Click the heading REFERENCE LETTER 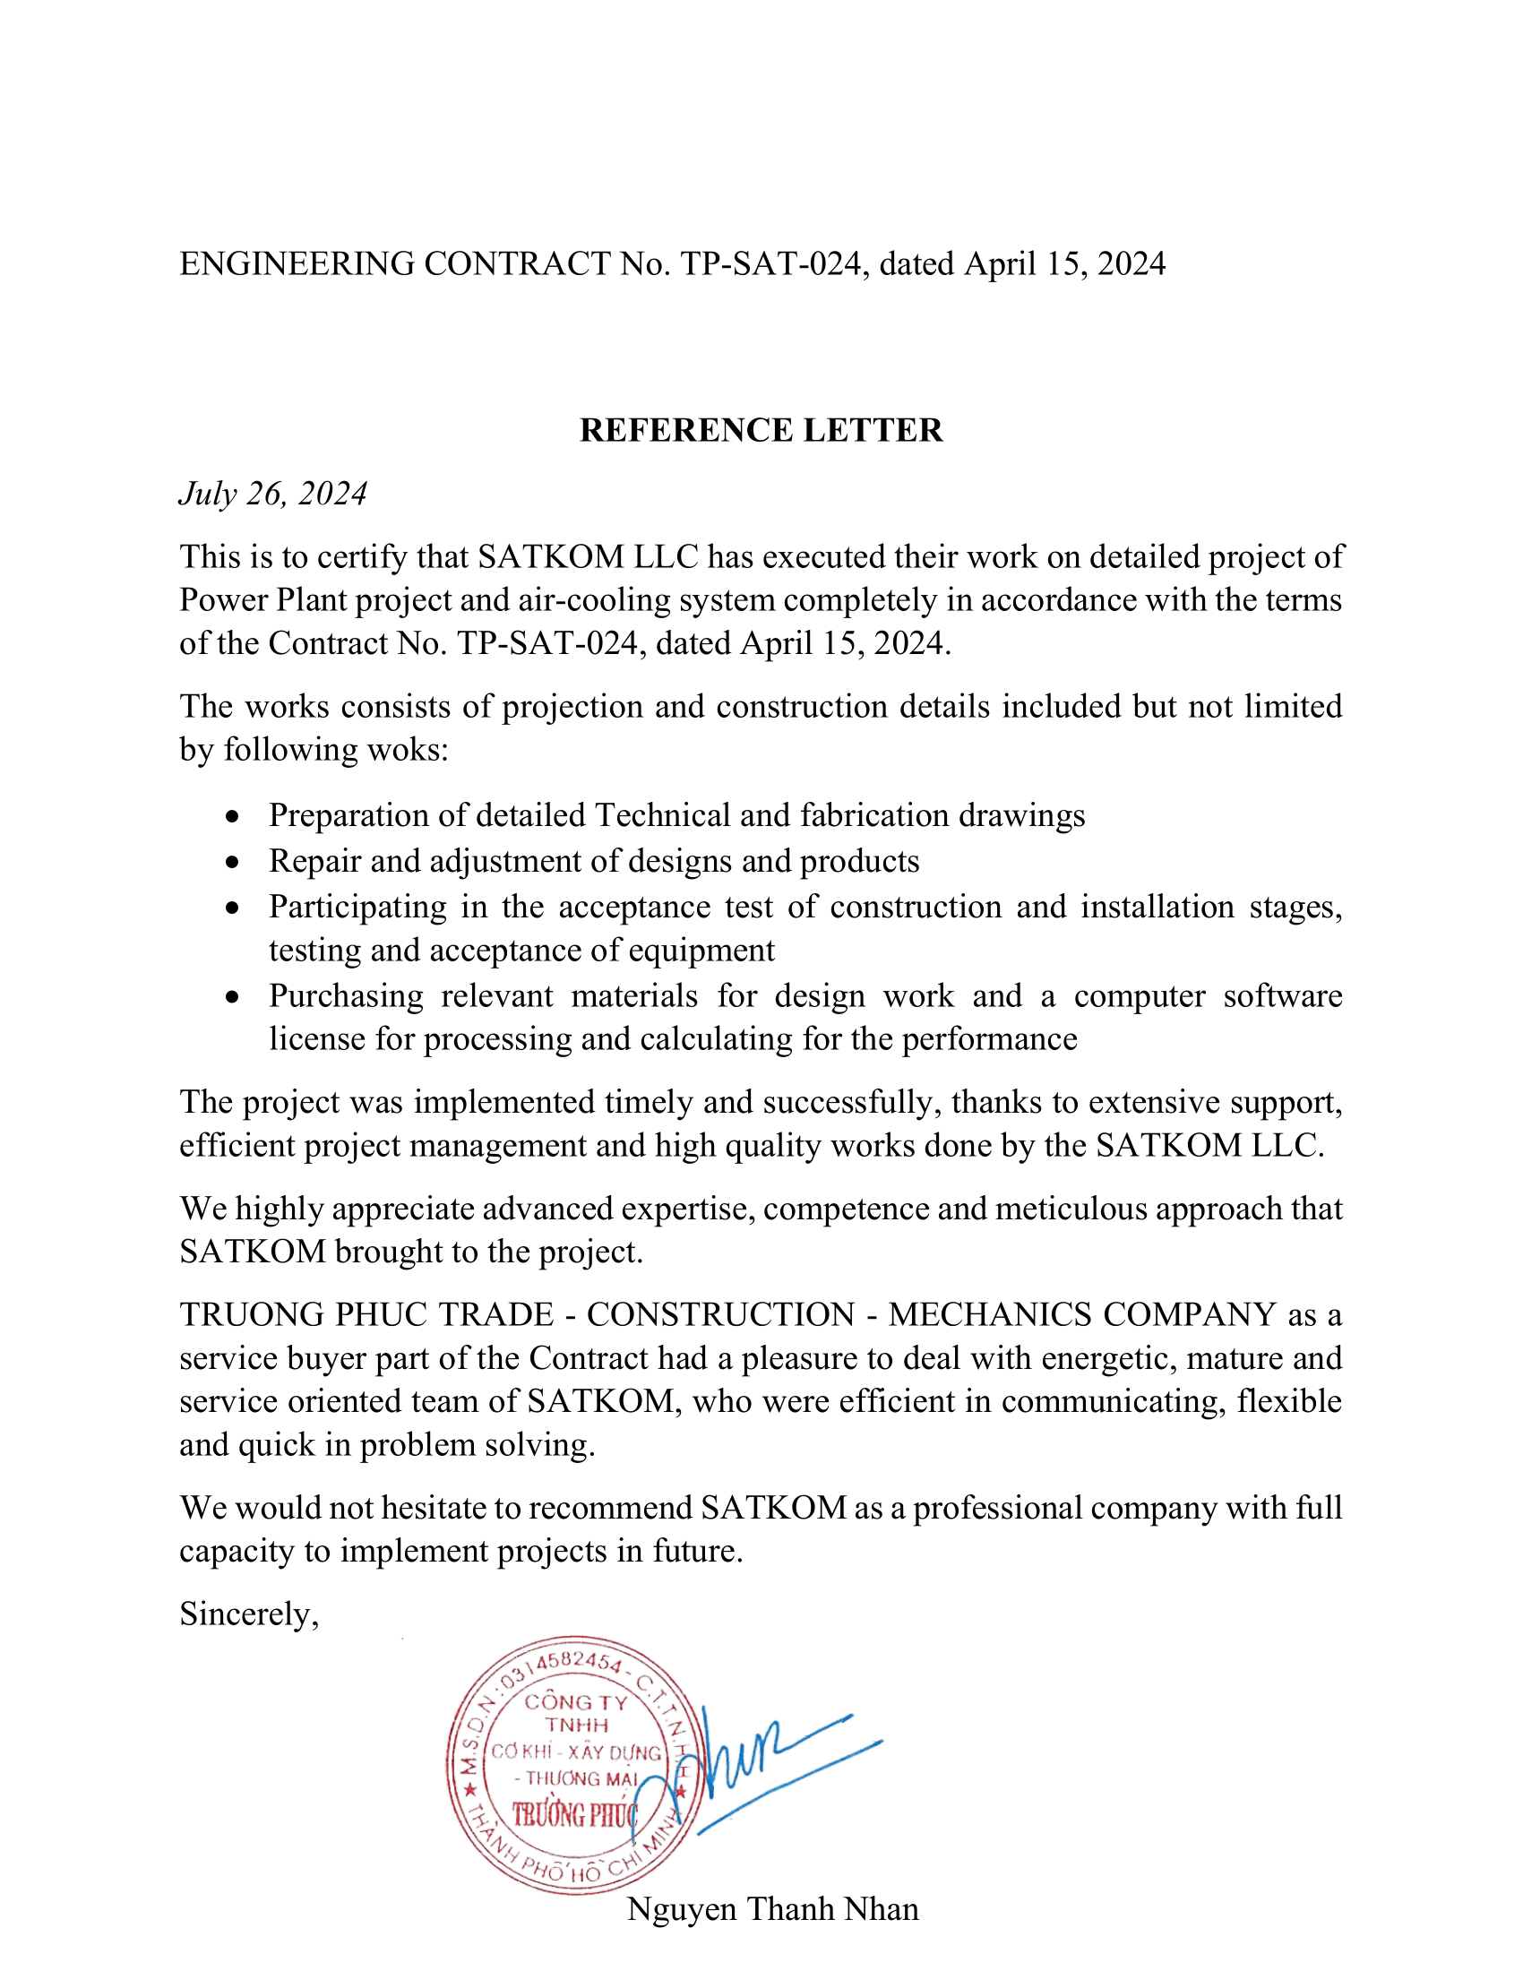[761, 430]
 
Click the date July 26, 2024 [272, 494]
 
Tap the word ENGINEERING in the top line [297, 263]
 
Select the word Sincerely [248, 1614]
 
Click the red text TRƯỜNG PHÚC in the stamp [575, 1815]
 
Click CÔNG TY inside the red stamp [576, 1702]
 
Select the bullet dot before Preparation [234, 817]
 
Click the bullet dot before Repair [234, 863]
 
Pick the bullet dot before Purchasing [234, 997]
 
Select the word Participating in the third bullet [357, 907]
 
